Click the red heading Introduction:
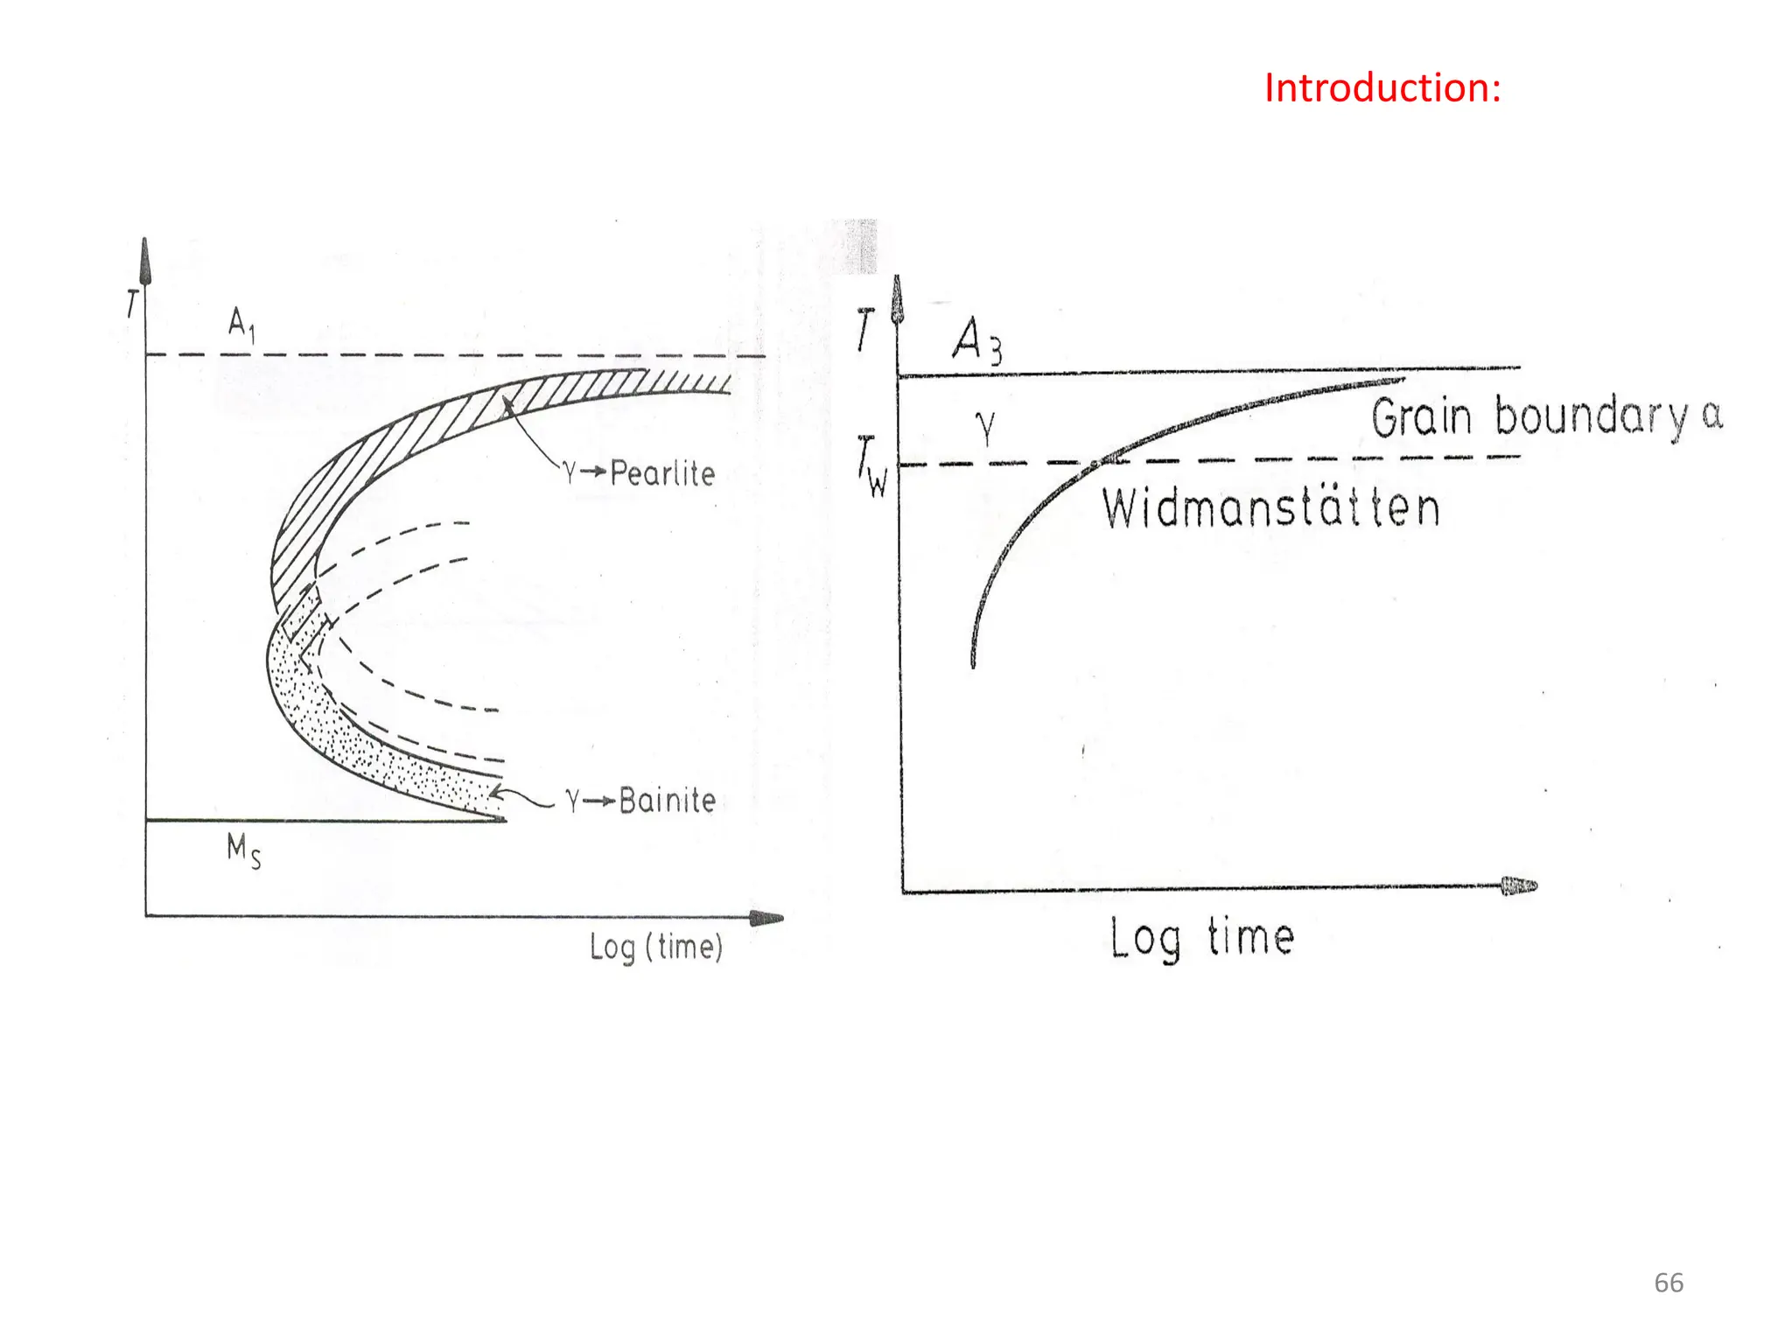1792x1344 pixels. point(1382,88)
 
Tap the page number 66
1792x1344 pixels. point(1669,1283)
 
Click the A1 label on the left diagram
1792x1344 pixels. point(242,325)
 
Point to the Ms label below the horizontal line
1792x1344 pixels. point(244,850)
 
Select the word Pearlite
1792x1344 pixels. point(662,473)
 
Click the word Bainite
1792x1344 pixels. point(668,801)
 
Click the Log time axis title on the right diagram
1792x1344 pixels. point(1202,938)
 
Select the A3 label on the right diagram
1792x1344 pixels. point(977,340)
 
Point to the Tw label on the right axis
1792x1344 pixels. point(872,466)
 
